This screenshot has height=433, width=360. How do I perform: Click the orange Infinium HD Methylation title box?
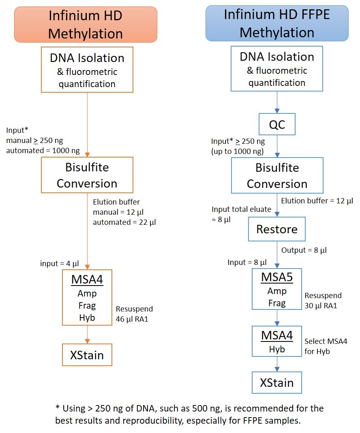[86, 24]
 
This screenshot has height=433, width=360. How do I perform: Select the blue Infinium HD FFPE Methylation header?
[277, 23]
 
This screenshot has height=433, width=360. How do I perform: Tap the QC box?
[277, 124]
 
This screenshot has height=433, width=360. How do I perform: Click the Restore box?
[277, 229]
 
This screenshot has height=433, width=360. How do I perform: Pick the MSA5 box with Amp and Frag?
[277, 289]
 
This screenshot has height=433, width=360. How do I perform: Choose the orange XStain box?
[87, 355]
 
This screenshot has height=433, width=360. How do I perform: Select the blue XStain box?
[277, 382]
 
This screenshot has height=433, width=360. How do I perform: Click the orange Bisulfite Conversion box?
[87, 175]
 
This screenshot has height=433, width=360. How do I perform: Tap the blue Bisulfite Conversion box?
[277, 175]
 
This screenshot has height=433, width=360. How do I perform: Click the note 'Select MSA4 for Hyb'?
[326, 346]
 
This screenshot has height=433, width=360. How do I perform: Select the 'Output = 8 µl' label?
[304, 250]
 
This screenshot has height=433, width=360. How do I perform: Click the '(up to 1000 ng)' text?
[238, 151]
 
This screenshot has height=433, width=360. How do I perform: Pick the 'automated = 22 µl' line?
[124, 222]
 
